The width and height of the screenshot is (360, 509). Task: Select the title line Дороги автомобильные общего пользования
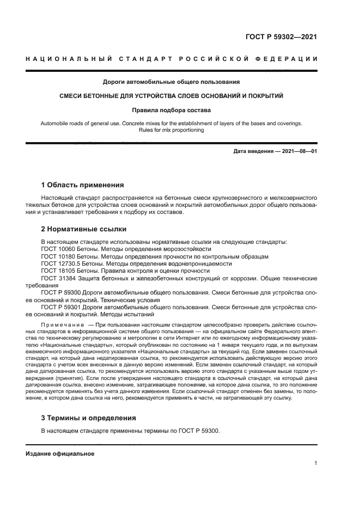pyautogui.click(x=171, y=82)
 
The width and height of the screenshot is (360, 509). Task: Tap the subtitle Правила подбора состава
pyautogui.click(x=171, y=109)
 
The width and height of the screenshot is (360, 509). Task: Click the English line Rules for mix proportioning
pyautogui.click(x=171, y=130)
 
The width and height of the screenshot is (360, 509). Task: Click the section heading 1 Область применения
pyautogui.click(x=82, y=185)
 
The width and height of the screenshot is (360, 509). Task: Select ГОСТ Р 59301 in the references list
pyautogui.click(x=61, y=307)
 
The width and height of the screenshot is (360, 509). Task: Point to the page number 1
pyautogui.click(x=315, y=463)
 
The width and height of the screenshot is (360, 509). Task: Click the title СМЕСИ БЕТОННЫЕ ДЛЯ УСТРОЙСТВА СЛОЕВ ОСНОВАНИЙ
pyautogui.click(x=171, y=96)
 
